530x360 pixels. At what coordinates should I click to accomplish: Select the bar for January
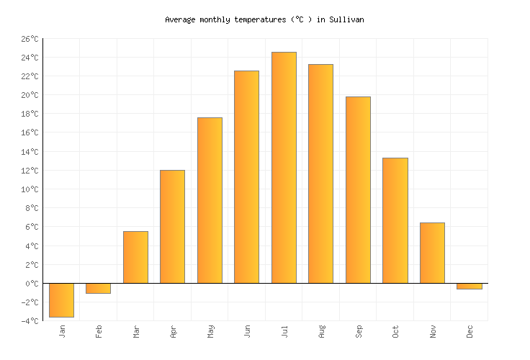click(61, 300)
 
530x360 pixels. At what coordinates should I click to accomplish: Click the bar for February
click(98, 288)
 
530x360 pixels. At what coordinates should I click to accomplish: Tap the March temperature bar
click(135, 257)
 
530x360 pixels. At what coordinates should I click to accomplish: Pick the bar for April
click(172, 227)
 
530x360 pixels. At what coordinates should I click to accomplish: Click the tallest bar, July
click(284, 168)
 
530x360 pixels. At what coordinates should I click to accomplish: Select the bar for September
click(358, 190)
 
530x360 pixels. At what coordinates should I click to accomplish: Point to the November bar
click(432, 253)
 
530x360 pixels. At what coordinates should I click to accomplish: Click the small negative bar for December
click(469, 286)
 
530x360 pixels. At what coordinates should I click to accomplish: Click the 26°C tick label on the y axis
click(30, 39)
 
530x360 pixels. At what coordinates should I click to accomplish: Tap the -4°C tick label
click(30, 321)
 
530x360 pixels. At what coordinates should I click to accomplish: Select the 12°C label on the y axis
click(30, 171)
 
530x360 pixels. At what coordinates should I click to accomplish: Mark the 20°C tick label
click(30, 95)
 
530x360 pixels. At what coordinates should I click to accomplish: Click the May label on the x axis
click(210, 331)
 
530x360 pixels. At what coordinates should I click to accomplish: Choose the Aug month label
click(321, 331)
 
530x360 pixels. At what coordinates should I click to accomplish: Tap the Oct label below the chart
click(395, 331)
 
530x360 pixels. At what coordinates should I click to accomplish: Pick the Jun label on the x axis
click(247, 331)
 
